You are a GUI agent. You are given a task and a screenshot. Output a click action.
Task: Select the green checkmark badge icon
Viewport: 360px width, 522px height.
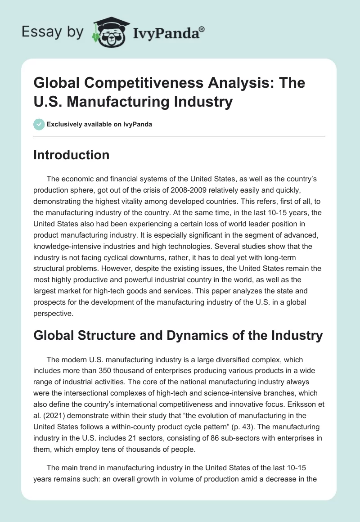coord(39,124)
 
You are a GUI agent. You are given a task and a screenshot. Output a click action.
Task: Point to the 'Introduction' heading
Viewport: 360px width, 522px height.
coord(72,155)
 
